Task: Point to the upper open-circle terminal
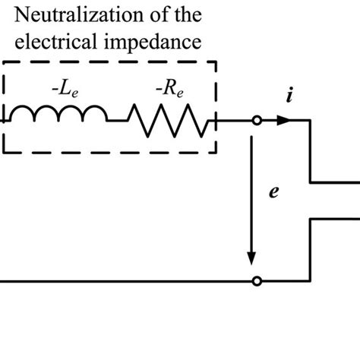tap(257, 120)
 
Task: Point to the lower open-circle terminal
tap(257, 281)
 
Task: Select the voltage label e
tap(273, 192)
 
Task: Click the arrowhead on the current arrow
tap(284, 120)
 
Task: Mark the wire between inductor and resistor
tap(117, 120)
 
